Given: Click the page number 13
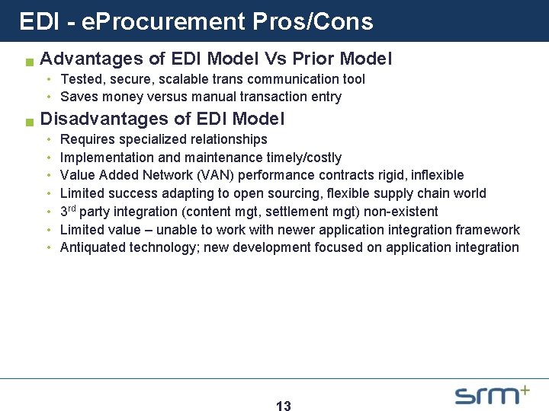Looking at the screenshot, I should point(283,406).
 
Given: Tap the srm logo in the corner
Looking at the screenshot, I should point(492,394).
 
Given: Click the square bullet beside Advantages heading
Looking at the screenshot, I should point(29,61).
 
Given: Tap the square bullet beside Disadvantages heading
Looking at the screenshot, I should point(29,121).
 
